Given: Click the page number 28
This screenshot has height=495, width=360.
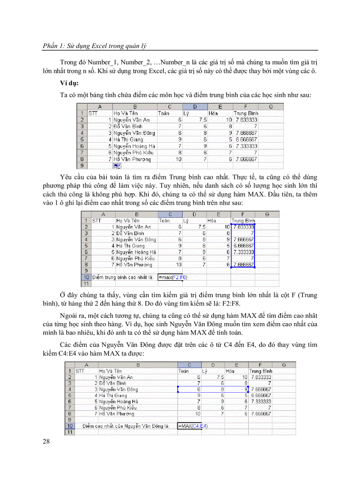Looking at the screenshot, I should coord(47,442).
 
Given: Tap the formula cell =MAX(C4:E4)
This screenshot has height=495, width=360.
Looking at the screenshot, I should coord(192,426).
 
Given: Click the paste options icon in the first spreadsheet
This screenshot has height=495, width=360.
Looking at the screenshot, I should coord(117,166).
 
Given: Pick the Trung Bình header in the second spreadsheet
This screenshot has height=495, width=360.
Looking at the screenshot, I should coord(243,220).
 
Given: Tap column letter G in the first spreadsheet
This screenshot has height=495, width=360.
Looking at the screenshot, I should coord(270,106).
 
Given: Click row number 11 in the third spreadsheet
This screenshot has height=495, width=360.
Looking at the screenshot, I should coord(70,432).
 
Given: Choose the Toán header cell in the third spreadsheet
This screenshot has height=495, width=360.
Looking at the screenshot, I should coord(183,371).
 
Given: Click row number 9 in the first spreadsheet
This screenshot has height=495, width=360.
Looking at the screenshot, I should coord(82,166).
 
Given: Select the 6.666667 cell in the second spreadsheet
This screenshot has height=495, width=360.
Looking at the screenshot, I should coord(243,246).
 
